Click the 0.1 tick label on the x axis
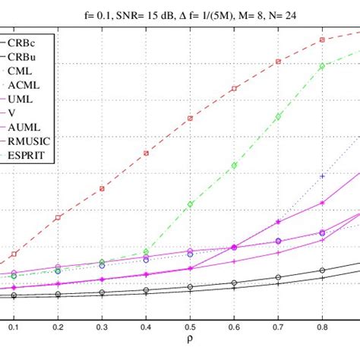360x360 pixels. pos(13,325)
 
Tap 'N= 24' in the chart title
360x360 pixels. pos(299,13)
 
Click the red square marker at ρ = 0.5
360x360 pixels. pos(190,118)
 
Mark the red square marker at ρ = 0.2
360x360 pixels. pos(58,218)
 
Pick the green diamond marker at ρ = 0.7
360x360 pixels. pos(279,116)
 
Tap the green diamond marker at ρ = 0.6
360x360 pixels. pos(234,165)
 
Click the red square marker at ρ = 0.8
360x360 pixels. pos(323,39)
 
